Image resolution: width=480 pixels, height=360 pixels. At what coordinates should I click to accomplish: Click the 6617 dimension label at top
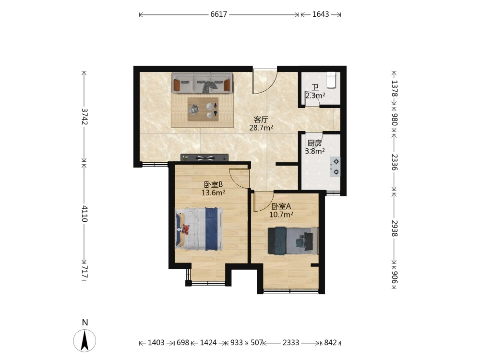218,14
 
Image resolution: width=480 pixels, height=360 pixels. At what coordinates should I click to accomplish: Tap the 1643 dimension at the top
321,14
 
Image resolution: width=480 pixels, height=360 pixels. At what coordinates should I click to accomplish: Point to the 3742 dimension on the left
85,117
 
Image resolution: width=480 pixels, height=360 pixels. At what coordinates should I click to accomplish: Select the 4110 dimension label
85,214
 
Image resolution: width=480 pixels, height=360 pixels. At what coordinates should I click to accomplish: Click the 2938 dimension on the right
394,228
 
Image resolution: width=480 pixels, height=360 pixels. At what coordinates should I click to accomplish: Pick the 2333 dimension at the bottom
291,343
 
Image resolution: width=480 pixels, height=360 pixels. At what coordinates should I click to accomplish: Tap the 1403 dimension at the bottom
156,343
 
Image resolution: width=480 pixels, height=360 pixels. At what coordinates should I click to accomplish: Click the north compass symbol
84,340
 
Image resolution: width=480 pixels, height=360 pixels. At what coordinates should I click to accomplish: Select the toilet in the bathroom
331,80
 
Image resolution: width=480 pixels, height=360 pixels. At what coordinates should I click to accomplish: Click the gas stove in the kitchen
335,167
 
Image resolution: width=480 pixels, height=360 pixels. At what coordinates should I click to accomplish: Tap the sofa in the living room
202,83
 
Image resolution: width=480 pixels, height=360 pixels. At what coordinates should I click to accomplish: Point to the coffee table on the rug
203,109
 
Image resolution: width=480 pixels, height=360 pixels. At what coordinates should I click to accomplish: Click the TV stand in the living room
204,157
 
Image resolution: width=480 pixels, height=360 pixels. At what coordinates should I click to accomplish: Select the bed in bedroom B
199,229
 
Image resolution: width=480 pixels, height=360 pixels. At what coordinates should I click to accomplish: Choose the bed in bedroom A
293,240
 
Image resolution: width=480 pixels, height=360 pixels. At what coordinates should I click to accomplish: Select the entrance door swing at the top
265,82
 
